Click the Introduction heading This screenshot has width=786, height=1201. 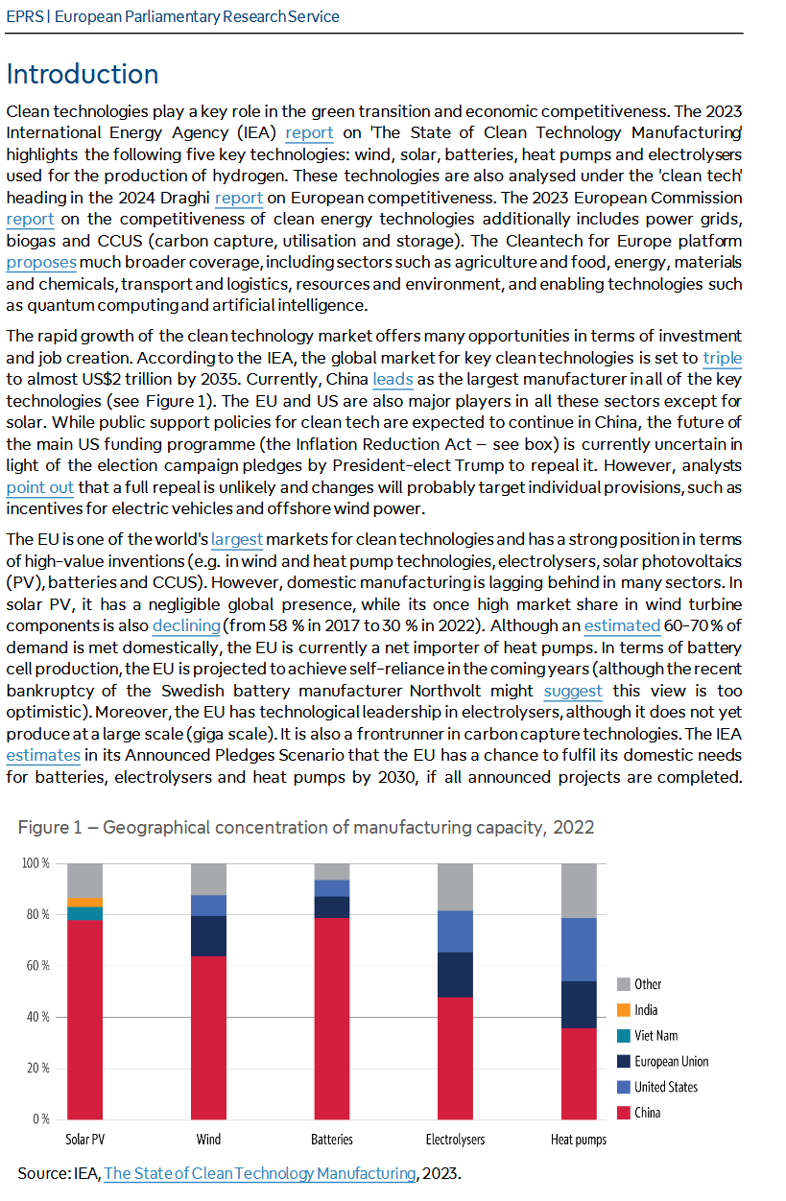(83, 75)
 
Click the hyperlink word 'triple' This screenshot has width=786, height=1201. (722, 358)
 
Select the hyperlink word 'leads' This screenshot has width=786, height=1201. (393, 379)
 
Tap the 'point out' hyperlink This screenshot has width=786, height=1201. (39, 487)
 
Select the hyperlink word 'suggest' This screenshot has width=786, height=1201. (573, 691)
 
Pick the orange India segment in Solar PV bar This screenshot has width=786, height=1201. (84, 902)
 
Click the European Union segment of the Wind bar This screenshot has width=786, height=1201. (208, 936)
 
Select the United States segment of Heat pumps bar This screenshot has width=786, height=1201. (579, 950)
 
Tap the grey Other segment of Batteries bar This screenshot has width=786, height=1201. (332, 871)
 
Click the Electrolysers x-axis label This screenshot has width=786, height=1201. (455, 1140)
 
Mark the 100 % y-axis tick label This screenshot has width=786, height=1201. (35, 863)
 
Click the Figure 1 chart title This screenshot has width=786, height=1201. (306, 827)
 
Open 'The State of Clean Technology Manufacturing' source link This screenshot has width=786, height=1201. (259, 1173)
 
